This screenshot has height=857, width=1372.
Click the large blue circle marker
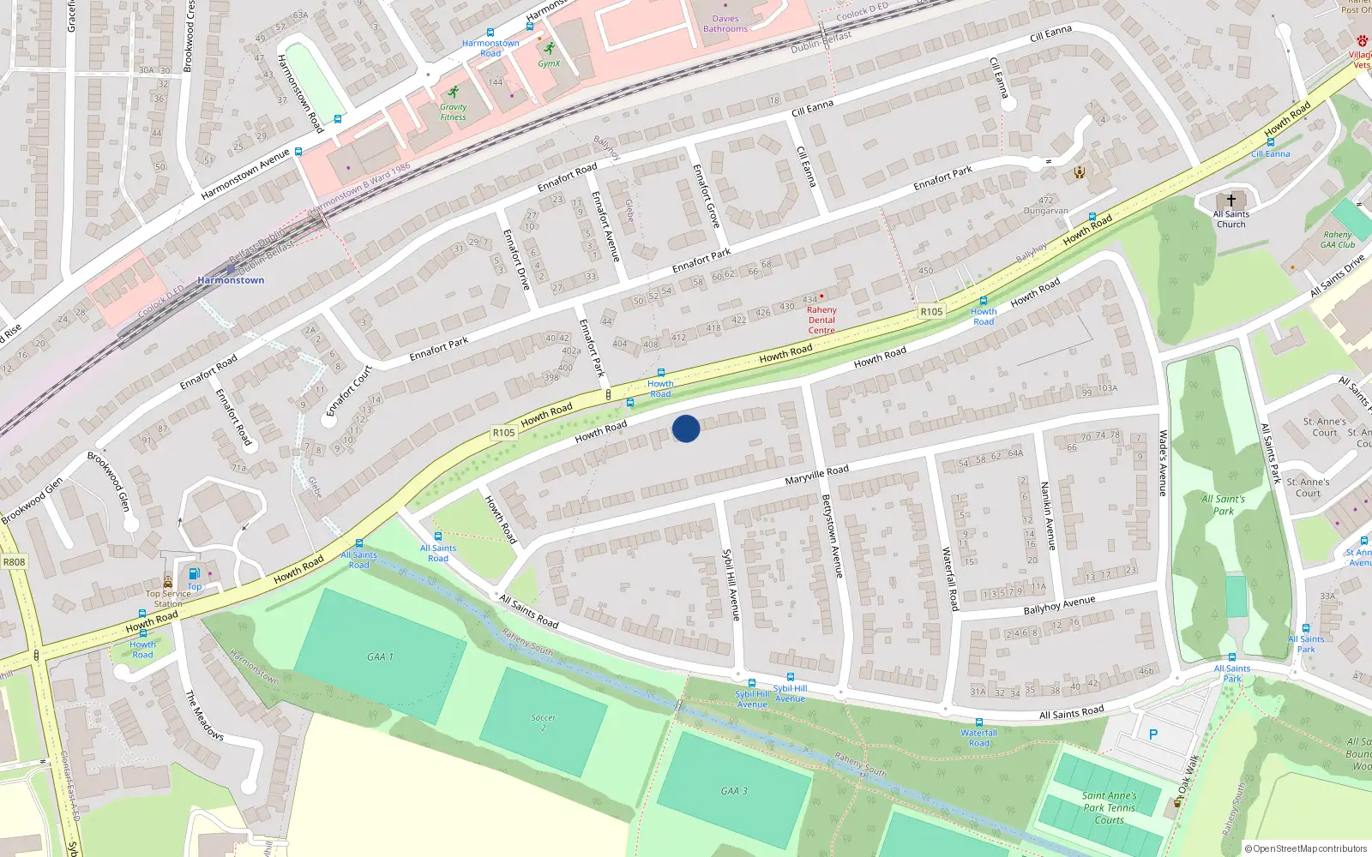[686, 428]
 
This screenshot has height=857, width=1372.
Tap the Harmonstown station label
[231, 280]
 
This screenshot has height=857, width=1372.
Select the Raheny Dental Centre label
[821, 320]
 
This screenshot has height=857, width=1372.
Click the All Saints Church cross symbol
[1231, 200]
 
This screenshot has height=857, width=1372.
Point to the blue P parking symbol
[1152, 734]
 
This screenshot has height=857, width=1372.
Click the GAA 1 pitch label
[380, 656]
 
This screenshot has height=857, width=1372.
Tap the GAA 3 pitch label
[734, 790]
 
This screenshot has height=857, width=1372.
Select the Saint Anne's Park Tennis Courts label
[1109, 807]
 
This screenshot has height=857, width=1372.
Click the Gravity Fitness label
[453, 112]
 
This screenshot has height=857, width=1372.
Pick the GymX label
[549, 63]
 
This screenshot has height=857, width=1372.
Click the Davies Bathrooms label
[725, 24]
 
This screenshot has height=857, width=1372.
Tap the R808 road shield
[15, 562]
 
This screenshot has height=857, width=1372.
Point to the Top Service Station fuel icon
[194, 573]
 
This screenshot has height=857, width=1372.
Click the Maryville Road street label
[816, 474]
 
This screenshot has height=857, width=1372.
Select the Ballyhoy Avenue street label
[1059, 605]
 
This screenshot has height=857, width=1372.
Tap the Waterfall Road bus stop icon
[978, 722]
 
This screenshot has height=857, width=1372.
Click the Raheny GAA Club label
[1338, 239]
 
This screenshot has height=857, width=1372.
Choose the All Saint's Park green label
[1224, 505]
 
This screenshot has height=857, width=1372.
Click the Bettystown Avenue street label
[832, 536]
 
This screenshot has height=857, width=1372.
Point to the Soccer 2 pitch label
[543, 722]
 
